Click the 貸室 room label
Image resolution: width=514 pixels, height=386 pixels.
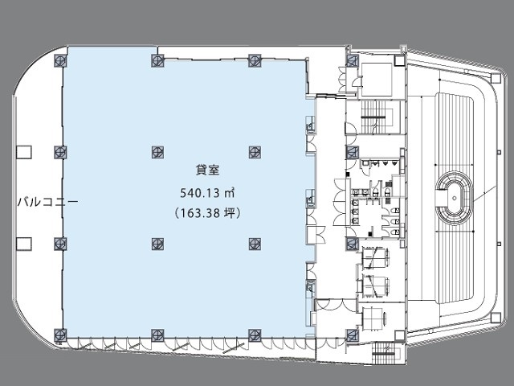click(207, 170)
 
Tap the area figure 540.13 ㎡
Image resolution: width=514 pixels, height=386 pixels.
click(207, 193)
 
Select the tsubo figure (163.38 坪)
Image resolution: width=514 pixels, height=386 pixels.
click(207, 213)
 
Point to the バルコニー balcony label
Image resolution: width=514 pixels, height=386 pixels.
click(48, 202)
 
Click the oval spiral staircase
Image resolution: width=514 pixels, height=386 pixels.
click(455, 198)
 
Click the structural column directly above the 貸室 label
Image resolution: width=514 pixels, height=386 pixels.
click(157, 152)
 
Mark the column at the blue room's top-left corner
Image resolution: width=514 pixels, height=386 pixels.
click(61, 61)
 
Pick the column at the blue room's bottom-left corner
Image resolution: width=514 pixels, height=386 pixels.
click(61, 335)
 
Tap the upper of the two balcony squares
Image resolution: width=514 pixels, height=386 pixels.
click(24, 152)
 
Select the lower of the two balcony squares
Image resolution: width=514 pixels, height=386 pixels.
click(24, 244)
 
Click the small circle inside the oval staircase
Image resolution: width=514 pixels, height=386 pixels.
click(455, 198)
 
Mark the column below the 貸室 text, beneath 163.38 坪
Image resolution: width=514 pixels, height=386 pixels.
click(157, 244)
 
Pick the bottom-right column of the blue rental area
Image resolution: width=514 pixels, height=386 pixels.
click(255, 335)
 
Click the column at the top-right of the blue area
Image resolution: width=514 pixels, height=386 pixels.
click(255, 61)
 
